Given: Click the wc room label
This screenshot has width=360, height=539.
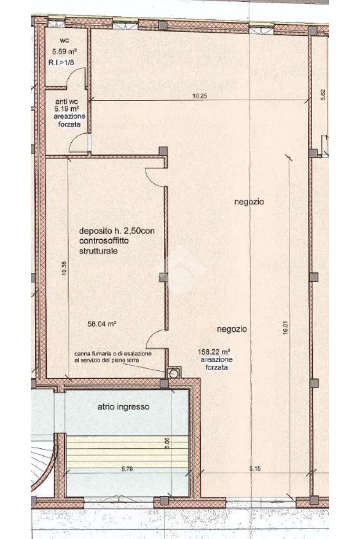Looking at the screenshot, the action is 64,41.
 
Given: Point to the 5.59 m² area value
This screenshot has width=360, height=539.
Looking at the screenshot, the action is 64,52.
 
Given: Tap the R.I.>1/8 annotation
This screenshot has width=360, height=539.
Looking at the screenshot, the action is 62,63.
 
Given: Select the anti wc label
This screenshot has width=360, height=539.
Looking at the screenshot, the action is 67,102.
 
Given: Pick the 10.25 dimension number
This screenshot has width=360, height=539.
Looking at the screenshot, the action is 199,96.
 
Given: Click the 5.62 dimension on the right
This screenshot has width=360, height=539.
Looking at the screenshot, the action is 323,94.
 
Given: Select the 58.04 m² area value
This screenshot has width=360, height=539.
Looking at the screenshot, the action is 102,324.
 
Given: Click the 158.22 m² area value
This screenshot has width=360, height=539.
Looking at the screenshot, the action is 214,352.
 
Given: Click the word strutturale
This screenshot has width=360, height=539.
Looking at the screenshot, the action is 99,251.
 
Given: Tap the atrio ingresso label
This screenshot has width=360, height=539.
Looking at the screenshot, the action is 123,407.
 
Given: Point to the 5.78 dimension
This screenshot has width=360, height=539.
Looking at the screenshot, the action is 127,469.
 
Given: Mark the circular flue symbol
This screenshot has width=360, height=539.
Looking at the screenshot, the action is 174,374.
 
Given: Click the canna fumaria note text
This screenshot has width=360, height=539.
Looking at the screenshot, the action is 113,357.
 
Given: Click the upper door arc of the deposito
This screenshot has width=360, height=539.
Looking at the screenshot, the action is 155,177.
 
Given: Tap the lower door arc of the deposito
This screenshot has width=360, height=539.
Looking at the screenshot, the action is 155,339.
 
